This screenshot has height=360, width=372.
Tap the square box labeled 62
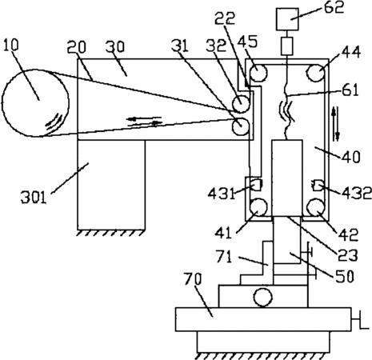[x=287, y=19]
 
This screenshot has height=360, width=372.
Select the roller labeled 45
[x=258, y=73]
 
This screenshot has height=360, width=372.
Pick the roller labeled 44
[x=315, y=73]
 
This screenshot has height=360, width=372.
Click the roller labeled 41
[x=258, y=207]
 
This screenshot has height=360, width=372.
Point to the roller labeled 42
[x=315, y=207]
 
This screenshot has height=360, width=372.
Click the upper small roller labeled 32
[x=241, y=104]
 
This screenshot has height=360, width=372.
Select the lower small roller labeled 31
[x=241, y=126]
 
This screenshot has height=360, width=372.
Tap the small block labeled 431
[x=257, y=185]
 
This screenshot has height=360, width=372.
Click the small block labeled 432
[x=318, y=186]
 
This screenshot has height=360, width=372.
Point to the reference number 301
[x=34, y=198]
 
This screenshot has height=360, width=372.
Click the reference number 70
[x=193, y=279]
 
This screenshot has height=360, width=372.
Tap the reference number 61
[x=350, y=90]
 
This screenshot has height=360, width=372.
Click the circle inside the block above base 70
[x=263, y=297]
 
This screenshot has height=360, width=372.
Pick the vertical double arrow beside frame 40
[x=335, y=124]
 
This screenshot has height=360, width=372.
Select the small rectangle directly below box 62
[x=287, y=46]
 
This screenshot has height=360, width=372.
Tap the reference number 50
[x=344, y=276]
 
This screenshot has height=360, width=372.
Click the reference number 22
[x=225, y=18]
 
